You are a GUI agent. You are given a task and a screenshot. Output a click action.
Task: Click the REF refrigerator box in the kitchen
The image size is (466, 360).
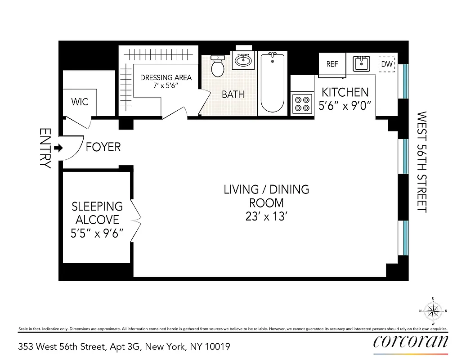coord(332,64)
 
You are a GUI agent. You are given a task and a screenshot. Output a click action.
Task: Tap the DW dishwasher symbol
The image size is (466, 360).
coord(387,64)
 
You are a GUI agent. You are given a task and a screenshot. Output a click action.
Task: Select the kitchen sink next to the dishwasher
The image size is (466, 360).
coord(361,64)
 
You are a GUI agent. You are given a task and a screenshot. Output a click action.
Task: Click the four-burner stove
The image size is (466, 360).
coord(301,103)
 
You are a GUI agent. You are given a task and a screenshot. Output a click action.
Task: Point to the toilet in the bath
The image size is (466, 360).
coord(218,66)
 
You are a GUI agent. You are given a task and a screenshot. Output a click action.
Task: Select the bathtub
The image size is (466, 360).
coord(272,83)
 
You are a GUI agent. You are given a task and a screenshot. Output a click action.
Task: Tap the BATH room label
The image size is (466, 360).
coord(233,94)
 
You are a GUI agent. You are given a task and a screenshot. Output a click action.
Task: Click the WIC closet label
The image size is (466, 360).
coord(80,102)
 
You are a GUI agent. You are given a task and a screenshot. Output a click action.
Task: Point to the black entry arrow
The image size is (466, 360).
coord(58,148)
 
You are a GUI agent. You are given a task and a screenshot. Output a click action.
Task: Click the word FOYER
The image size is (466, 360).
coord(103,147)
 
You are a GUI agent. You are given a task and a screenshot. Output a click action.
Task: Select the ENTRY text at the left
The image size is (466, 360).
coord(45,148)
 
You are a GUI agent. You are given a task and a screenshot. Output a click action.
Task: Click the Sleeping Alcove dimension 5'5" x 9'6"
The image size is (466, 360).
coord(98,234)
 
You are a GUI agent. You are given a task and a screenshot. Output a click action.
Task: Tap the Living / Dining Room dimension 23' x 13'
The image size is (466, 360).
coord(266,216)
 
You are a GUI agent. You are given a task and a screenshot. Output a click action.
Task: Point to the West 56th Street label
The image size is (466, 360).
coord(421,162)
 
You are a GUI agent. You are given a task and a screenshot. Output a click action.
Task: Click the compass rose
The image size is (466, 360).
coord(433,310)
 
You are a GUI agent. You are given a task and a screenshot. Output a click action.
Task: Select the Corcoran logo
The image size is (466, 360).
coord(411,342)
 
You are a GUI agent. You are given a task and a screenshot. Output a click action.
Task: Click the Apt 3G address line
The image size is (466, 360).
coord(124,346)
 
